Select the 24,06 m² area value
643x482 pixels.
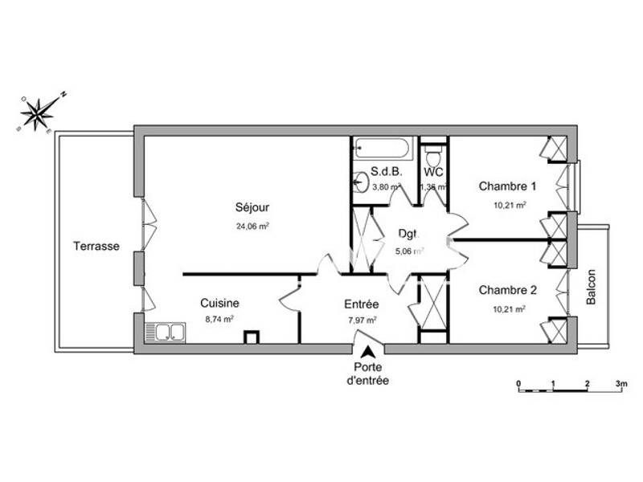coord(251,227)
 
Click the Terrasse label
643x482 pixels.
coord(96,247)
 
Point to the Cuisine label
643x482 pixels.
coord(219,304)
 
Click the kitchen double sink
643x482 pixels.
coord(165,332)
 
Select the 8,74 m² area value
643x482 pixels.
coord(219,319)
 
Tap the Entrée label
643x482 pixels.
coord(361,304)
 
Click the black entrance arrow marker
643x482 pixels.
coord(368,352)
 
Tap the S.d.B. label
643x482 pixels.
coord(385,171)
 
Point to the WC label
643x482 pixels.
coord(434,171)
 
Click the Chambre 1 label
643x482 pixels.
coord(507,186)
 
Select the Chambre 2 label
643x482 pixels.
coord(507,290)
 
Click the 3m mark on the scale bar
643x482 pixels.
coord(620,384)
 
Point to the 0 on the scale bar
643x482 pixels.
coord(519,384)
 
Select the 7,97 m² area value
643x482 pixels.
coord(361,320)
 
